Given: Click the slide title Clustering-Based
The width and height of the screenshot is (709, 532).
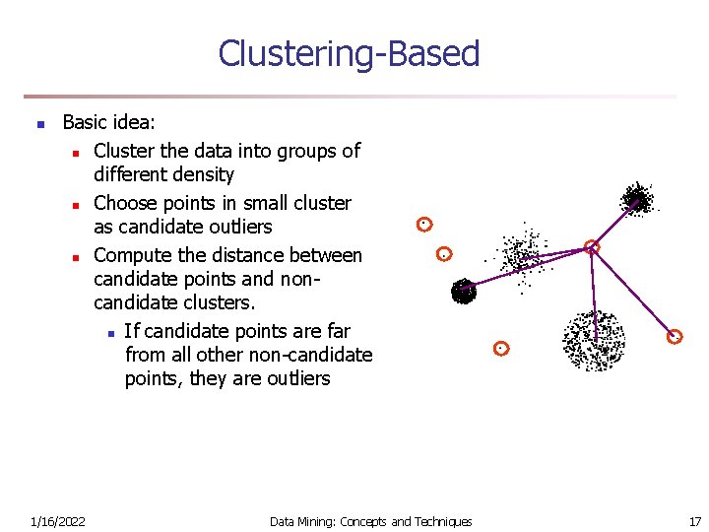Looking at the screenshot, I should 349,53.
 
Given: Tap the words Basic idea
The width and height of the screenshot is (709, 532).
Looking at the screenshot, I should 108,123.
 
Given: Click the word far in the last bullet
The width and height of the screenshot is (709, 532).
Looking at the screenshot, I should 335,331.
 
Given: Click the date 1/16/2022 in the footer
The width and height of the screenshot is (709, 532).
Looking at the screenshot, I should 57,521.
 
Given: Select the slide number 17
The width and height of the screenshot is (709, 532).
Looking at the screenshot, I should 695,521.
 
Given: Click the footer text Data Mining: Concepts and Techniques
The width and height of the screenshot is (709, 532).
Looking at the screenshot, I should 371,521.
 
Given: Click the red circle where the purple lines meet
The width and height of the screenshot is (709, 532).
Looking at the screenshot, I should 592,247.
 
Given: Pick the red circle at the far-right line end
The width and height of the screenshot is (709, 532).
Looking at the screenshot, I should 675,337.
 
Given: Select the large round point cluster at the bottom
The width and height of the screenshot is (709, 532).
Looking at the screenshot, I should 593,340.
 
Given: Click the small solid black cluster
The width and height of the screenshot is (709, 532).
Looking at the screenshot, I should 463,291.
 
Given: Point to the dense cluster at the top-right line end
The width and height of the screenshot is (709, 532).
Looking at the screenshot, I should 636,198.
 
